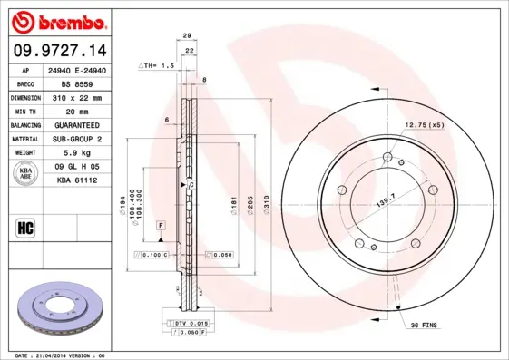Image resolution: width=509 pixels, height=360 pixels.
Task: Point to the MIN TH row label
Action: [24, 111]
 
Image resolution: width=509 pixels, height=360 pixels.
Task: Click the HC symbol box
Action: [25, 228]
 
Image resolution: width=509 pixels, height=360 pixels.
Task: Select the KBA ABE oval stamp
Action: [25, 174]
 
